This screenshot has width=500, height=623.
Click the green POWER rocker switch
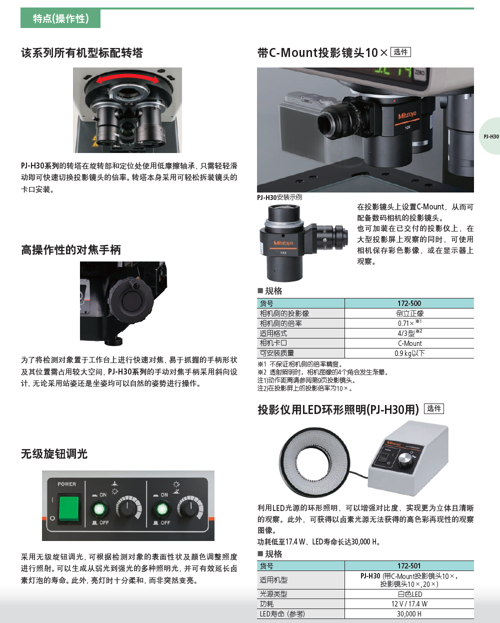coord(69,508)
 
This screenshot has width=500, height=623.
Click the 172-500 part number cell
coord(409,303)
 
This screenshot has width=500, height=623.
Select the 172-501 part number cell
coord(409,566)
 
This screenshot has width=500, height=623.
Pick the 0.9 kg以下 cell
coord(409,353)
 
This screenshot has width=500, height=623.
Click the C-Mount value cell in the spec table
coord(409,343)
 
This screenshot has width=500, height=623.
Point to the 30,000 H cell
coord(409,613)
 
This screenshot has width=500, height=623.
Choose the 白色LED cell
coord(409,594)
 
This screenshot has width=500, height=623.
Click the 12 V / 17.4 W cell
coord(409,604)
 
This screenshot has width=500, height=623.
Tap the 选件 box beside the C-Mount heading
coord(400,52)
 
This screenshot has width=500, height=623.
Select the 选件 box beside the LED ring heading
coord(433,408)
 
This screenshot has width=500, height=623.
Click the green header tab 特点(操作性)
coord(60,19)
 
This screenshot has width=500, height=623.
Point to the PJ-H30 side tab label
coord(491,136)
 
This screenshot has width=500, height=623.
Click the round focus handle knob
coord(131,300)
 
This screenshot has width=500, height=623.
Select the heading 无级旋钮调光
coord(54,454)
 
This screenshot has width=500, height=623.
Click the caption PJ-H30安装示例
coord(279,197)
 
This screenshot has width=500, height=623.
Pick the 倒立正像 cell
coord(409,313)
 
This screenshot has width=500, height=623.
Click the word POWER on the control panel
coord(66,484)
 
